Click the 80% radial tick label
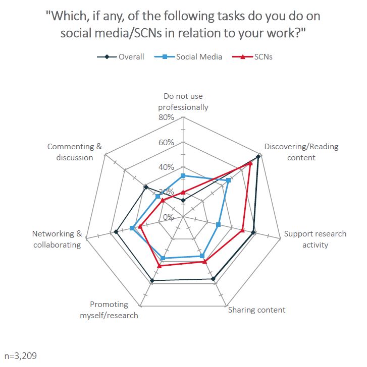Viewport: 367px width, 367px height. tap(166, 117)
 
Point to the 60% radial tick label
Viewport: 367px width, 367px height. tap(166, 142)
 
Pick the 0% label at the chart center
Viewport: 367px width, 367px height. tap(169, 217)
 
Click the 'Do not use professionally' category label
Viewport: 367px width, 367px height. tap(183, 102)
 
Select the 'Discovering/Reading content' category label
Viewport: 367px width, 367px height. tap(301, 152)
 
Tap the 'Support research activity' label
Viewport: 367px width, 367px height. tap(315, 239)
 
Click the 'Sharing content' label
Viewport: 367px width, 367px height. tap(256, 310)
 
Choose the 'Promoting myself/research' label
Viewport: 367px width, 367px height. tap(109, 310)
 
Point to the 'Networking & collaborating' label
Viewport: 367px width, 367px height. tap(57, 239)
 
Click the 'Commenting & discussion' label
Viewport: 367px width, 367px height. tap(75, 152)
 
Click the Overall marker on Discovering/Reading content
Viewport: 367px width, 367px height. tap(258, 157)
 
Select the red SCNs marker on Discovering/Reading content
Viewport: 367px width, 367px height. tap(250, 163)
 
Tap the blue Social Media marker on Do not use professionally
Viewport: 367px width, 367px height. tap(183, 176)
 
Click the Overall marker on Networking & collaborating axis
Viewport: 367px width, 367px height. tap(116, 232)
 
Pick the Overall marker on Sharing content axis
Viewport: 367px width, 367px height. tap(214, 278)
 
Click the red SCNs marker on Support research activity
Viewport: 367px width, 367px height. tap(242, 230)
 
